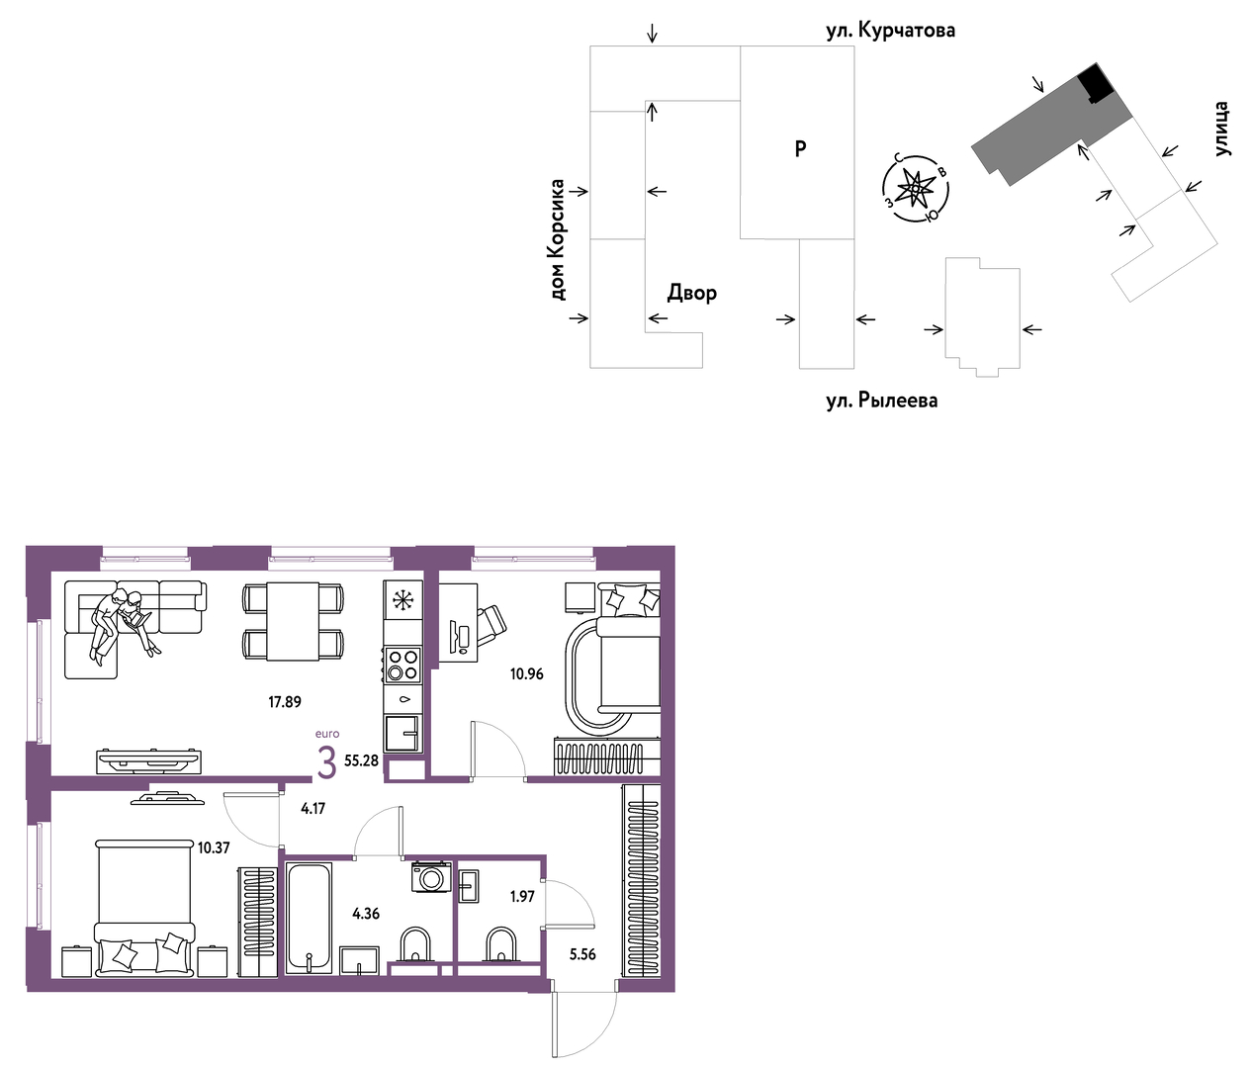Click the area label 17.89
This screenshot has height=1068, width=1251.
(x=285, y=702)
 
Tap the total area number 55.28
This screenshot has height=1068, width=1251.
(x=361, y=761)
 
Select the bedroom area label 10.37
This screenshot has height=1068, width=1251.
(x=214, y=847)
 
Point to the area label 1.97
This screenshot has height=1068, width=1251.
(x=522, y=896)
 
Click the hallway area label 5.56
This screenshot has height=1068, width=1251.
(x=582, y=954)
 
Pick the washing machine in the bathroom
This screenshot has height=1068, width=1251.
(x=431, y=877)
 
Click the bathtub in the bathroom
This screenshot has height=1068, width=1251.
(x=309, y=919)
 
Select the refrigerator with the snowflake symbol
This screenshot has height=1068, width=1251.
(x=402, y=600)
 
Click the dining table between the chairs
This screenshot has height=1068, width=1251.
(x=293, y=622)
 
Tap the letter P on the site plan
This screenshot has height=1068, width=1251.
(x=800, y=148)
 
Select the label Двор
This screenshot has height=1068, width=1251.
(x=692, y=293)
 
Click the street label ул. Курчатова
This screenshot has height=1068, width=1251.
(x=890, y=31)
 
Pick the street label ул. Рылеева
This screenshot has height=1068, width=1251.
(x=882, y=400)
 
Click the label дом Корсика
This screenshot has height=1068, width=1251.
(x=557, y=239)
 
